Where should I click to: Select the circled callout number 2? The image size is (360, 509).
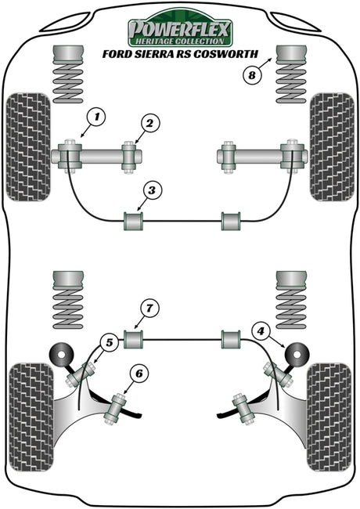[149, 124]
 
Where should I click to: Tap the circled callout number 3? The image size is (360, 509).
[152, 191]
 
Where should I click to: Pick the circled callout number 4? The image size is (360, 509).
[261, 331]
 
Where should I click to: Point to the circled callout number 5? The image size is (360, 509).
[110, 342]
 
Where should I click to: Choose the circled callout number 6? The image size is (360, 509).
[139, 374]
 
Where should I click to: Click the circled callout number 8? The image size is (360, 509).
[252, 76]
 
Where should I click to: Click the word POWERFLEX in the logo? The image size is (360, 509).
[180, 29]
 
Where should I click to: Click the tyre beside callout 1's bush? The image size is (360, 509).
[28, 147]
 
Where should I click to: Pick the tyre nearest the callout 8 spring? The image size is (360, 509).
[332, 147]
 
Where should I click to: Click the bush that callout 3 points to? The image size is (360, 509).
[134, 221]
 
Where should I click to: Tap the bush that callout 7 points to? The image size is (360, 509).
[134, 339]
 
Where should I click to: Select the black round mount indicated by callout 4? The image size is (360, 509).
[297, 355]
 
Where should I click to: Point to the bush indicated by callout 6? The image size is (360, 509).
[115, 408]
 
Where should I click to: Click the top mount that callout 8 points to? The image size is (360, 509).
[291, 54]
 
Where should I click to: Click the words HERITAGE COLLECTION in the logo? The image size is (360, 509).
[180, 42]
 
